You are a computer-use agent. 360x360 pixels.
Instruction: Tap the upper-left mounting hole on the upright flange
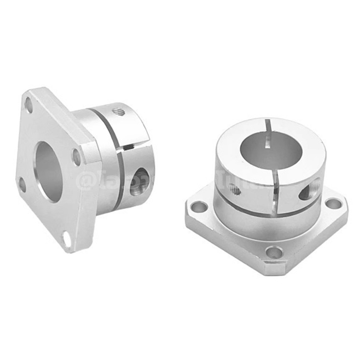(29, 105)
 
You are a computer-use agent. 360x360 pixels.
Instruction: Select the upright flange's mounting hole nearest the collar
(77, 157)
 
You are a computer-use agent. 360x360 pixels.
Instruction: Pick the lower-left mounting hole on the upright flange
(22, 184)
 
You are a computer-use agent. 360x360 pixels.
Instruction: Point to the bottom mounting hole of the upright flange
(67, 239)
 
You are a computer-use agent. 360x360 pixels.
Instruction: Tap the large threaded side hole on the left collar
(139, 182)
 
